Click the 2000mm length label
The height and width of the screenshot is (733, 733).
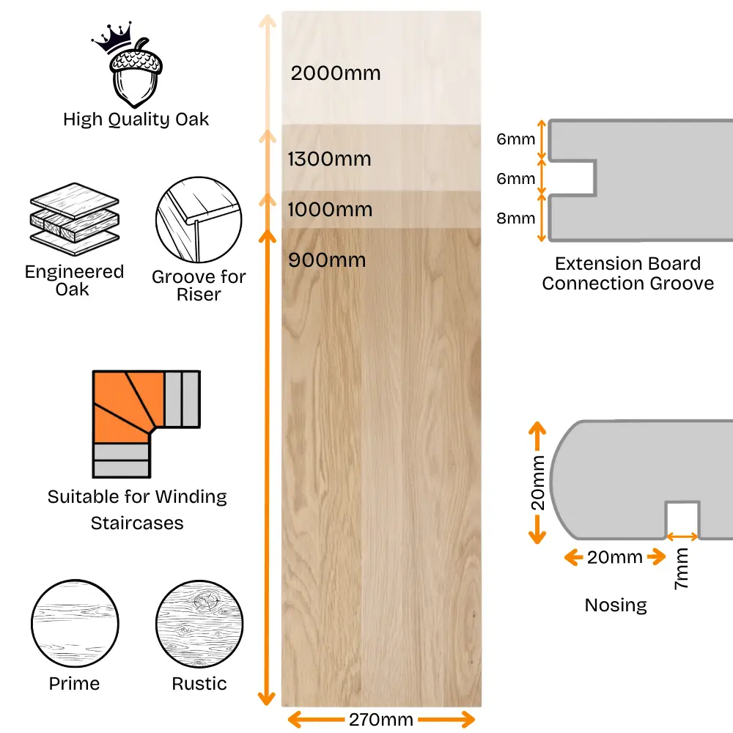(x=336, y=73)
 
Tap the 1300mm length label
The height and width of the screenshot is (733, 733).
(x=330, y=159)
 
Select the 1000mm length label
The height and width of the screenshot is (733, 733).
(x=330, y=210)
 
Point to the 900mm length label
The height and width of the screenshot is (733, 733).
(x=327, y=260)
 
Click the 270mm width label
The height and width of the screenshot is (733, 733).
(x=381, y=720)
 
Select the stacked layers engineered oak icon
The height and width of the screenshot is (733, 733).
(x=74, y=219)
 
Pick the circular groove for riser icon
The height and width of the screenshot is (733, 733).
(x=199, y=220)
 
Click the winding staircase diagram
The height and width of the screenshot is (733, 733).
(x=147, y=424)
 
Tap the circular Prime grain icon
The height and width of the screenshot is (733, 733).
(x=75, y=624)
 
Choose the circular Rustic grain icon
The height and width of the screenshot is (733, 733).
(x=199, y=624)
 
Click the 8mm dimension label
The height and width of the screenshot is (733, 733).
(x=515, y=218)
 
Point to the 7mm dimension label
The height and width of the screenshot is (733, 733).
(x=681, y=569)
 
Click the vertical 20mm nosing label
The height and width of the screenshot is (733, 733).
(x=537, y=482)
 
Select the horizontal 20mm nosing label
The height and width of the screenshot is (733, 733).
(x=615, y=557)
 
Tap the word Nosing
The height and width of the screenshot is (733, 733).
(x=616, y=605)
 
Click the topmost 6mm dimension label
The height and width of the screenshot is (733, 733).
(x=515, y=139)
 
